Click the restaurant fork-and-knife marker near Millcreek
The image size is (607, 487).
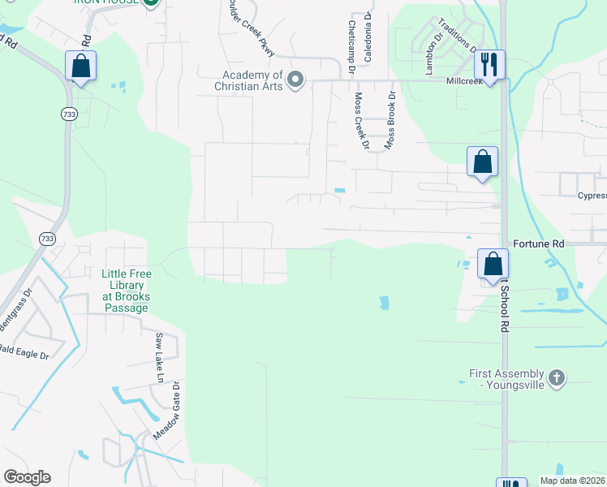[x=489, y=64]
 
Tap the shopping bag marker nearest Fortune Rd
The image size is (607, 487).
[x=493, y=264]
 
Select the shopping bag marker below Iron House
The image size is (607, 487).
[x=80, y=65]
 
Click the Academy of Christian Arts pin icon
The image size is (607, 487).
[x=296, y=80]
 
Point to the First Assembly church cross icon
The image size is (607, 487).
[x=556, y=377]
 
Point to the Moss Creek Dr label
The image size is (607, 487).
[x=360, y=120]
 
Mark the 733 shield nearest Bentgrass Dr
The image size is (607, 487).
[x=48, y=238]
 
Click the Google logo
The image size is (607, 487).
[x=27, y=477]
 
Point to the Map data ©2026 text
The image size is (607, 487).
[x=572, y=481]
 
